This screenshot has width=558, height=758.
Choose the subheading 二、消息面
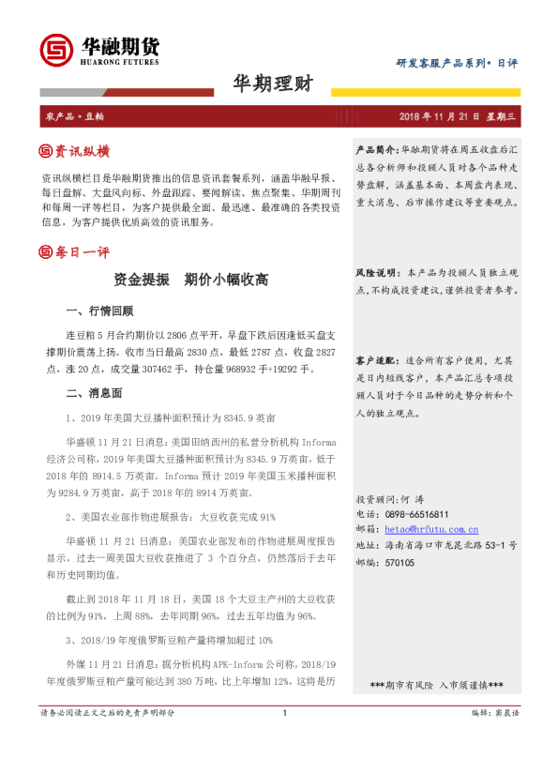click(94, 393)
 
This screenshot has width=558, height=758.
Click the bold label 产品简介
click(376, 149)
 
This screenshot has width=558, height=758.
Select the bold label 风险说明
click(376, 272)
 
